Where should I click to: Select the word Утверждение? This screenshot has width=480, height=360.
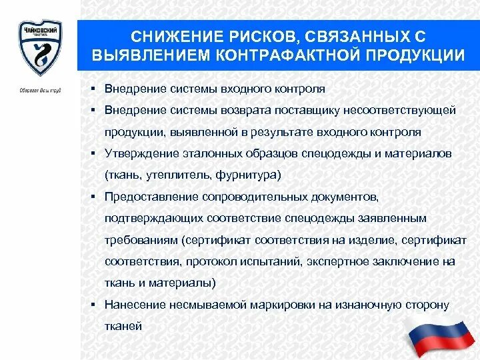pyautogui.click(x=141, y=153)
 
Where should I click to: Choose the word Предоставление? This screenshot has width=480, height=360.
pyautogui.click(x=152, y=197)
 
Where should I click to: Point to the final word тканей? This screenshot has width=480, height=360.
pyautogui.click(x=123, y=326)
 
